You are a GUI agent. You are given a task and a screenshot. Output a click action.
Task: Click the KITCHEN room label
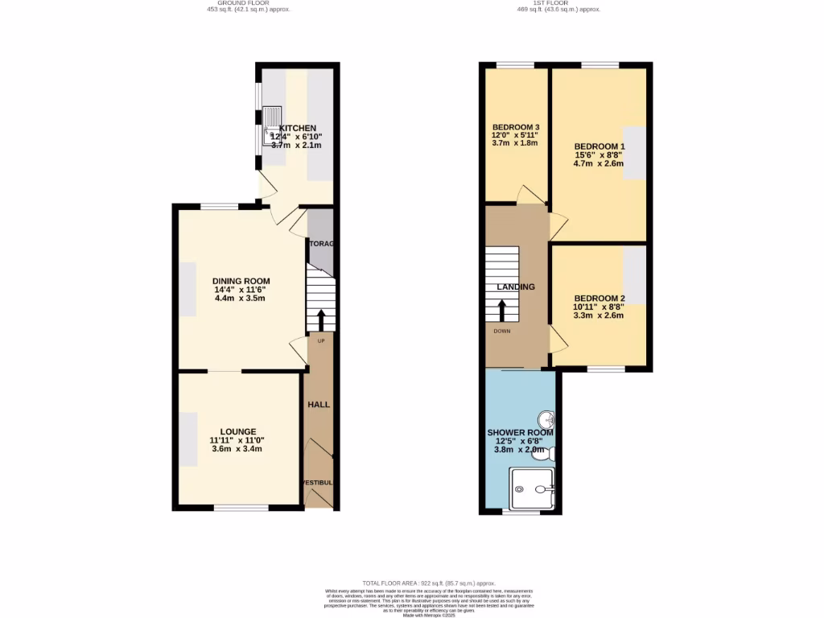click(x=297, y=129)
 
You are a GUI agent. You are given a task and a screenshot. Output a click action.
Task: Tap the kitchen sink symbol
click(x=273, y=126)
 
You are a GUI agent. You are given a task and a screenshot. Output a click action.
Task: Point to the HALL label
click(x=319, y=404)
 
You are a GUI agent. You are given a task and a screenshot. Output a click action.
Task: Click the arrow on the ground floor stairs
click(x=321, y=320)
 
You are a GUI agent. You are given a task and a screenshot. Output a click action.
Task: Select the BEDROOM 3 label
click(x=516, y=127)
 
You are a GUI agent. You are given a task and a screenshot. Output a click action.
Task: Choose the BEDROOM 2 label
click(x=599, y=298)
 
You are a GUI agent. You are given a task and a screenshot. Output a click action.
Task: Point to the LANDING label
click(x=516, y=286)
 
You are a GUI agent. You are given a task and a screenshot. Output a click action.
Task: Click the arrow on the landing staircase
click(x=502, y=311)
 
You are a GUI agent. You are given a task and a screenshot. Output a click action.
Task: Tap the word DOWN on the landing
click(x=501, y=331)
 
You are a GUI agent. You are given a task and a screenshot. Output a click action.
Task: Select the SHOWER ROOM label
click(x=520, y=433)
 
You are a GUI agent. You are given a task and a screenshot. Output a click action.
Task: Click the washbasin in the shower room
click(x=546, y=420)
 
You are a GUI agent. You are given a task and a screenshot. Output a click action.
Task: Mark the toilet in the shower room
click(x=546, y=455)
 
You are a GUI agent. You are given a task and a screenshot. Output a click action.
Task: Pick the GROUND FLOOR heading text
click(x=248, y=3)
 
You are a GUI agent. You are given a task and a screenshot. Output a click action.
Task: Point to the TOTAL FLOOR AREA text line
click(x=428, y=583)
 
